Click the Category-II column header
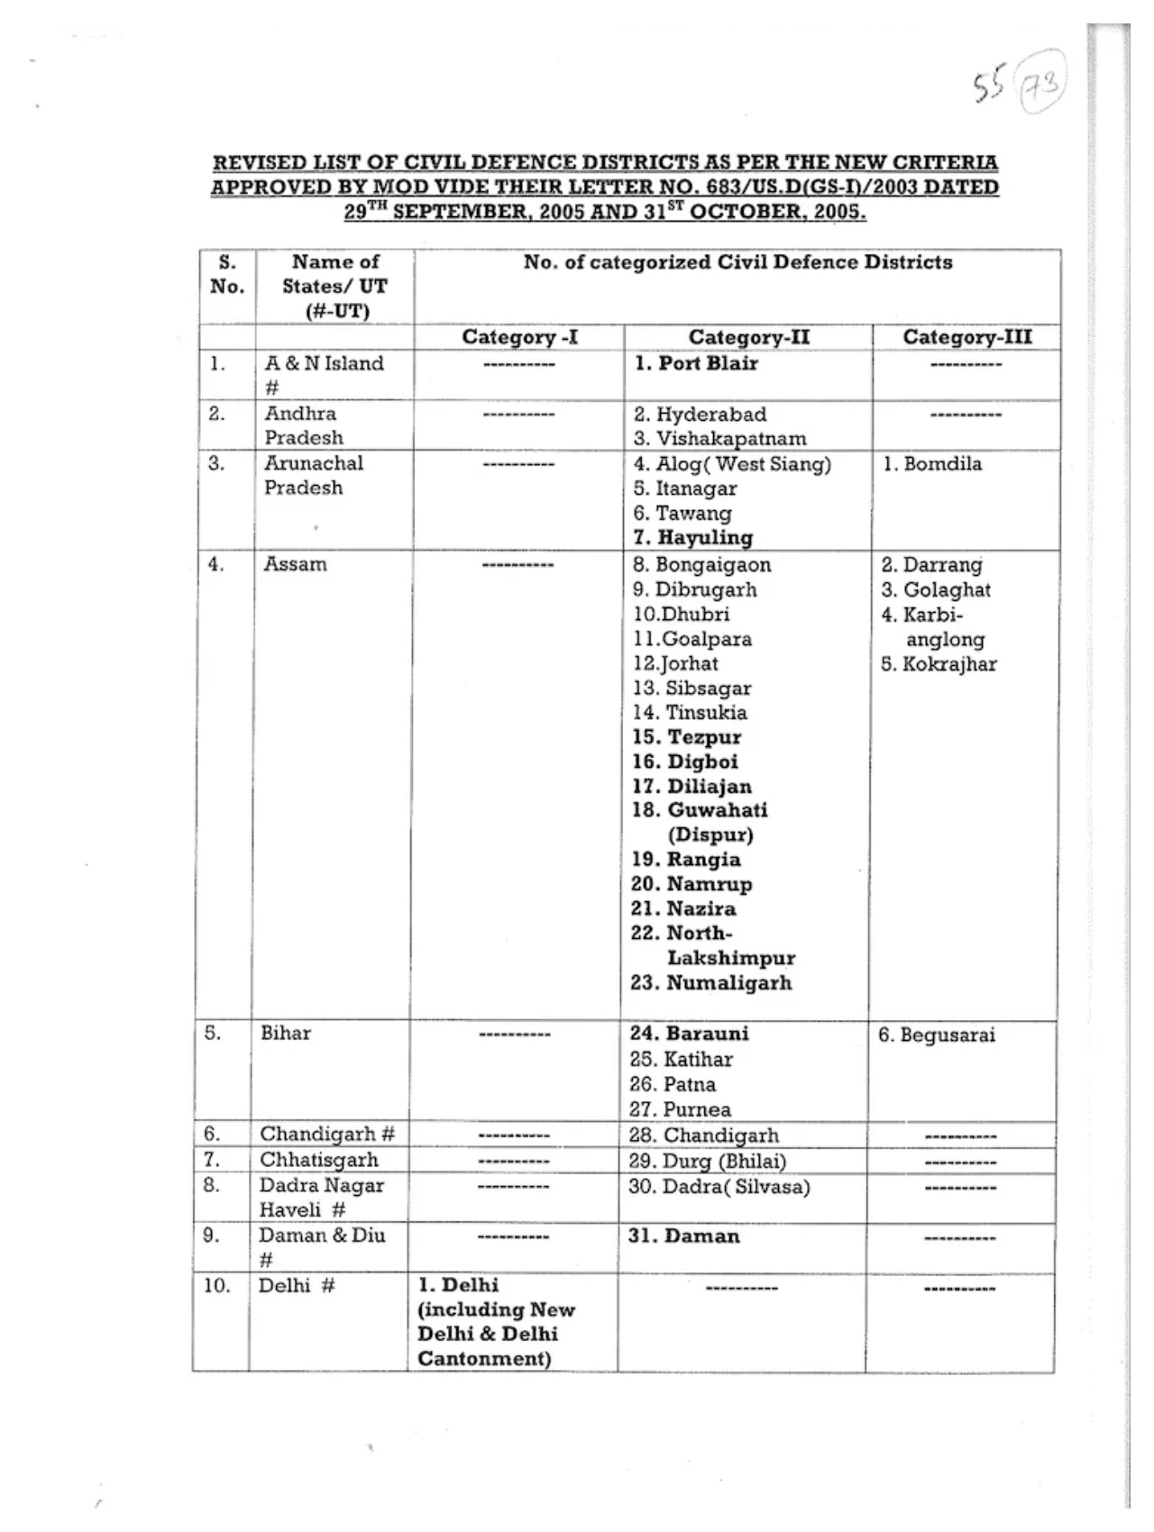[x=748, y=337]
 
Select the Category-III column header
[x=966, y=337]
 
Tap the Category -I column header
[x=519, y=337]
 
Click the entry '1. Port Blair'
[x=695, y=363]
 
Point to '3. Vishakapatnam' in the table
[x=719, y=439]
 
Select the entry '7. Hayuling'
[x=692, y=538]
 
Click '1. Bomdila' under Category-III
[x=931, y=464]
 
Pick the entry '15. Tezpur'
[x=686, y=737]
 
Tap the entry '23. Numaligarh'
[x=710, y=982]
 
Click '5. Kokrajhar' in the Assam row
[x=939, y=664]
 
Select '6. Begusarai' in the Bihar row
[x=937, y=1035]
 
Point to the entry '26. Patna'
[x=672, y=1084]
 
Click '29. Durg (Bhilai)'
[x=707, y=1161]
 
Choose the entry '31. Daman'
[x=683, y=1236]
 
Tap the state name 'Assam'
[x=295, y=564]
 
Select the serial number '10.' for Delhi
[x=217, y=1285]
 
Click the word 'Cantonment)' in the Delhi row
[x=484, y=1358]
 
